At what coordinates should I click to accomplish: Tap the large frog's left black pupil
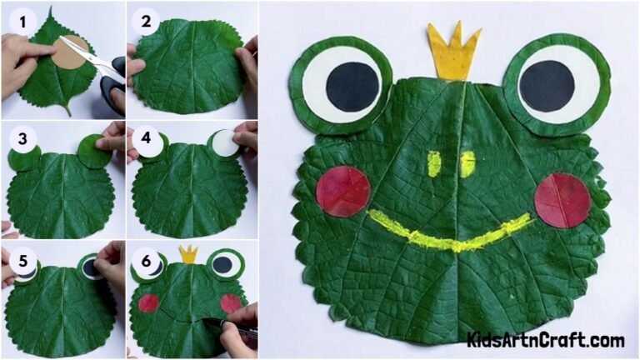click(351, 86)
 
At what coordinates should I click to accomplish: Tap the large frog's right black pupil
click(547, 86)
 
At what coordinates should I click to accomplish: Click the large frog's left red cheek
click(342, 191)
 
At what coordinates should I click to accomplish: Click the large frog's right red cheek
click(562, 200)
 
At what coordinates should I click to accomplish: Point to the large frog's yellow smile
click(450, 233)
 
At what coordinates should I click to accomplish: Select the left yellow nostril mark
click(433, 163)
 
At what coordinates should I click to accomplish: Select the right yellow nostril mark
click(467, 162)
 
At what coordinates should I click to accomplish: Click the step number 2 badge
click(147, 20)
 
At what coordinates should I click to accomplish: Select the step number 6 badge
click(147, 260)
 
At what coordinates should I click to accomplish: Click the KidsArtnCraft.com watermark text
click(546, 340)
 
